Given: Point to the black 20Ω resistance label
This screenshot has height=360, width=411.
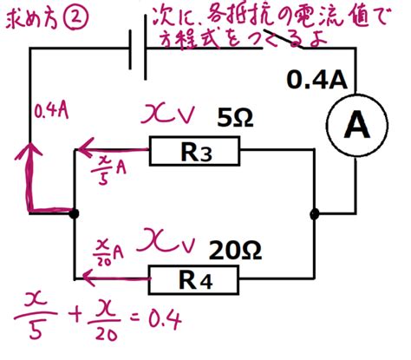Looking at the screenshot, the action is click(235, 251).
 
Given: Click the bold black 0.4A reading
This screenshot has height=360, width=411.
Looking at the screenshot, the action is click(316, 80).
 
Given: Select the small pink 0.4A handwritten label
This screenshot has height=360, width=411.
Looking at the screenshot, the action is click(51, 110).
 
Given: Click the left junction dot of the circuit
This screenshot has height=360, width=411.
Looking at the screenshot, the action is click(75, 214).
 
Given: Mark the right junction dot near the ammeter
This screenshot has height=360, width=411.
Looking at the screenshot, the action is click(315, 214).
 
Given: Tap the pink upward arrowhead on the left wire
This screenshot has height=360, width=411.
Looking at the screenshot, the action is click(29, 150).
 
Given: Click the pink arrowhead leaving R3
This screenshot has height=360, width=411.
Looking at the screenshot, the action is click(85, 150).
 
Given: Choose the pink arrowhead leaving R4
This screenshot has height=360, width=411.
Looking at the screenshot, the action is click(89, 278).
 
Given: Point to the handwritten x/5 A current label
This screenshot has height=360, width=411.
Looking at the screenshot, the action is click(108, 172).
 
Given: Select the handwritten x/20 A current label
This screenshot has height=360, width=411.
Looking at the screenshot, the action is click(109, 252).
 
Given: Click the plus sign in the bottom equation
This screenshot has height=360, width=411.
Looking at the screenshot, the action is click(76, 316).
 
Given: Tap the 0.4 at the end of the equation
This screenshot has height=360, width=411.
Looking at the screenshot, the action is click(165, 320).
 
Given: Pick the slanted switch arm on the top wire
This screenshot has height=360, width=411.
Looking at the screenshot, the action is click(284, 39).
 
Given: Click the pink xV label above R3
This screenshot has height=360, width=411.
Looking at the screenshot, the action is click(167, 115).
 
